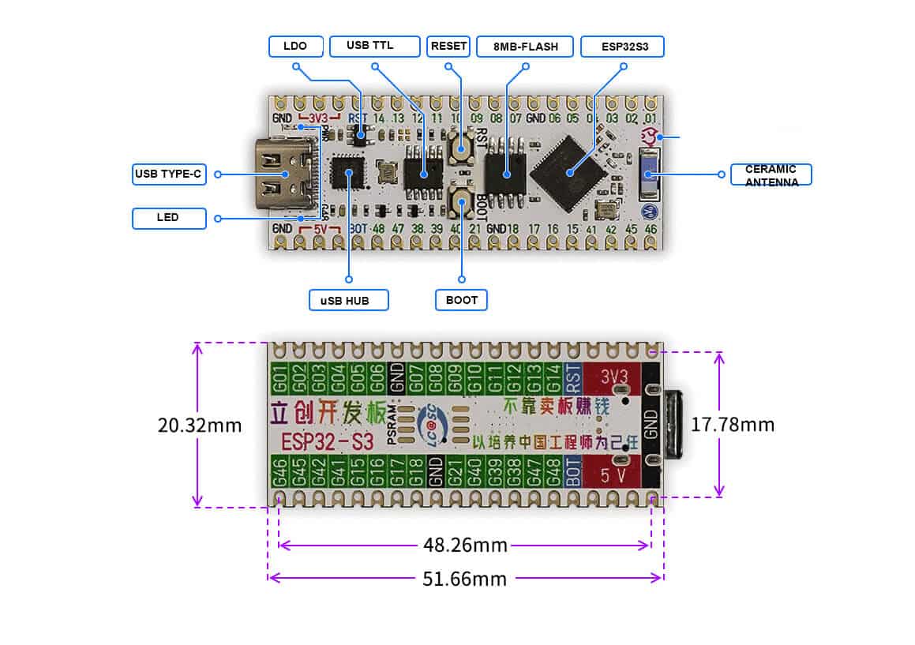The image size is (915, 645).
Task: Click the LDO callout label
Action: pos(294,47)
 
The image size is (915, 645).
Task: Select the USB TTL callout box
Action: pos(373,47)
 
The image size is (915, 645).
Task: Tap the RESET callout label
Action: pos(448,47)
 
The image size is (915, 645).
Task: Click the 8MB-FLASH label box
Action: pos(525,47)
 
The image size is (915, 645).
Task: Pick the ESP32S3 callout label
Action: pos(622,47)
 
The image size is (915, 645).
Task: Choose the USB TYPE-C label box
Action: pos(169,174)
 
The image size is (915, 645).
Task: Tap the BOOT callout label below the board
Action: pos(461,300)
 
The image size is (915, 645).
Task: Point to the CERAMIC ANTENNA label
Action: pos(771,175)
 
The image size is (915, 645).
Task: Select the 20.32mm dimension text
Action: pos(200,425)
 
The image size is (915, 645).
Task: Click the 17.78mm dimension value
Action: pos(733,425)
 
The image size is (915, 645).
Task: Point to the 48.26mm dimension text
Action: pos(465,545)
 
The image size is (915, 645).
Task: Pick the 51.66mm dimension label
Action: pos(465,578)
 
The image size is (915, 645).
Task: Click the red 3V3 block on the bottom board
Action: pos(615,377)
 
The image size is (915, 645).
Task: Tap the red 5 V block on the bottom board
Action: pos(613,476)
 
